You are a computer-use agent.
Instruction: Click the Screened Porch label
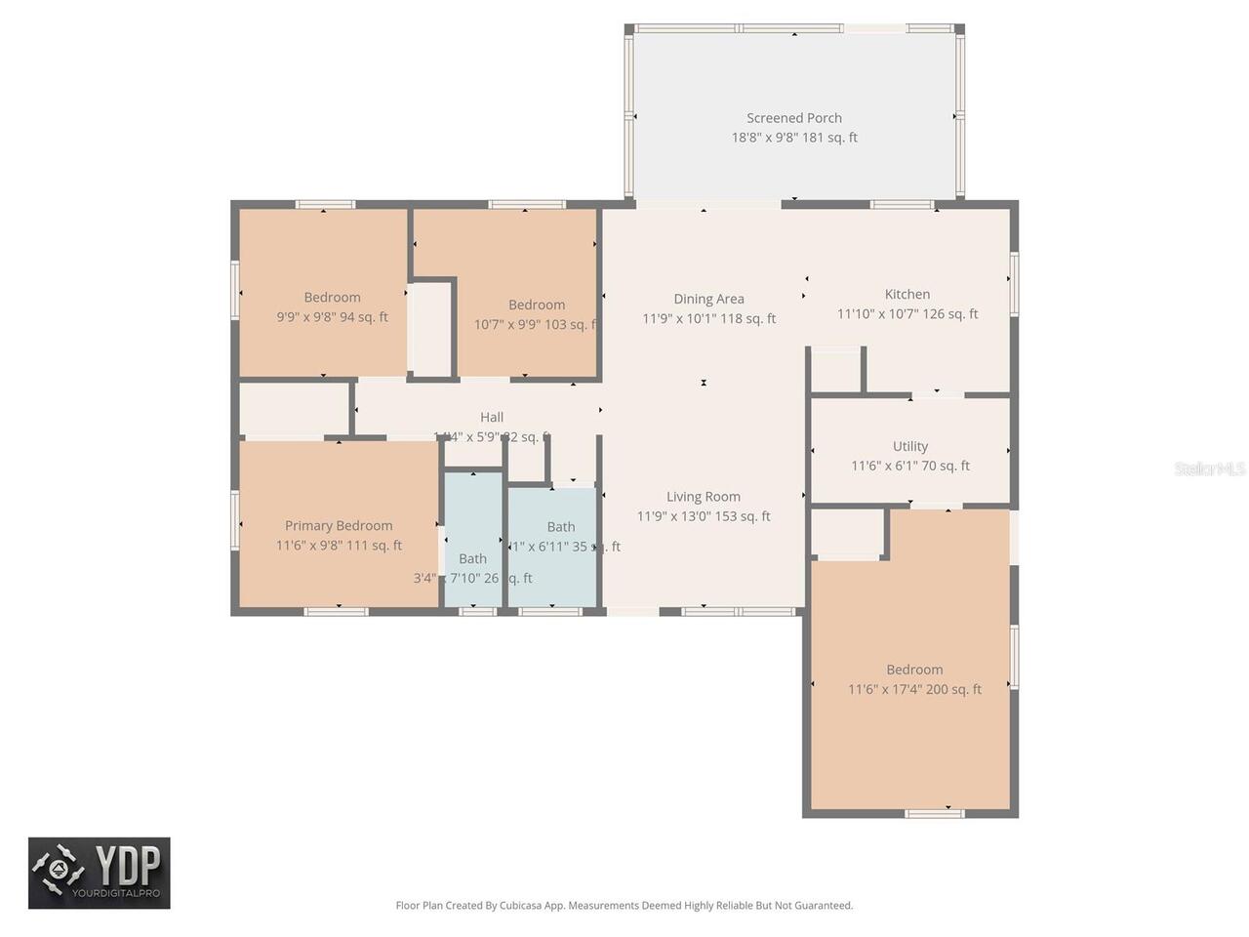click(793, 118)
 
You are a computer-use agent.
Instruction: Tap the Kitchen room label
click(907, 294)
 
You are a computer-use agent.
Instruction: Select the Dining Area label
click(708, 299)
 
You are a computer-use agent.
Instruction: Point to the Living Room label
click(703, 497)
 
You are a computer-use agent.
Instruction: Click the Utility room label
click(909, 446)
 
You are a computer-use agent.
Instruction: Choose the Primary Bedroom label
click(339, 525)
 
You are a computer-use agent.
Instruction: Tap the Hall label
click(492, 417)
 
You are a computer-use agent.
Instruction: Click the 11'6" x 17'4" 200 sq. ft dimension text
click(914, 689)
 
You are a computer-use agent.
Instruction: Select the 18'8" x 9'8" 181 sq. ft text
click(793, 138)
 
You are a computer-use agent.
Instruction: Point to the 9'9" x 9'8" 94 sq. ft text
click(332, 317)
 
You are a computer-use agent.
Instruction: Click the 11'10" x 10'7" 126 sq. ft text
click(907, 313)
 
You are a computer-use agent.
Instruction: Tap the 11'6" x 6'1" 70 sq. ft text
click(909, 466)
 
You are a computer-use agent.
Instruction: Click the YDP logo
click(100, 873)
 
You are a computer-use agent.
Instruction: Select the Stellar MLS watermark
click(1209, 468)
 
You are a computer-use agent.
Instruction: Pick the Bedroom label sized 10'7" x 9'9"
click(536, 305)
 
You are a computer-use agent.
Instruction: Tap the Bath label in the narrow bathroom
click(472, 558)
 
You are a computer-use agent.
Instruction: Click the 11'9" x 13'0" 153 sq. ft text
click(703, 516)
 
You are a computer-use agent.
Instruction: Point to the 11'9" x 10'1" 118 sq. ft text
click(708, 318)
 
